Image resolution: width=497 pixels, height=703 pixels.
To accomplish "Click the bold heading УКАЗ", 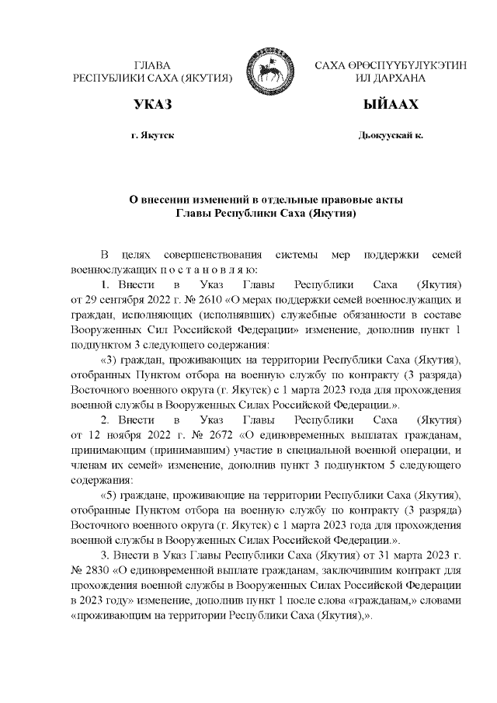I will [152, 105].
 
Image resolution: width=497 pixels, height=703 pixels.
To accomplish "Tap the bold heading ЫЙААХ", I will [390, 105].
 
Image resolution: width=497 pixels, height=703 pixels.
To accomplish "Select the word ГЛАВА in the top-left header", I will [152, 66].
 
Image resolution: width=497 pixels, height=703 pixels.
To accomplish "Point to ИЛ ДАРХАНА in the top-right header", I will [390, 78].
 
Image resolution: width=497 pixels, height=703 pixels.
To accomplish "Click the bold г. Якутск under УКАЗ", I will [152, 134].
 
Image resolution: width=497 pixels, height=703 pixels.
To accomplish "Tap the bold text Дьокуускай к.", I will [391, 134].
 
